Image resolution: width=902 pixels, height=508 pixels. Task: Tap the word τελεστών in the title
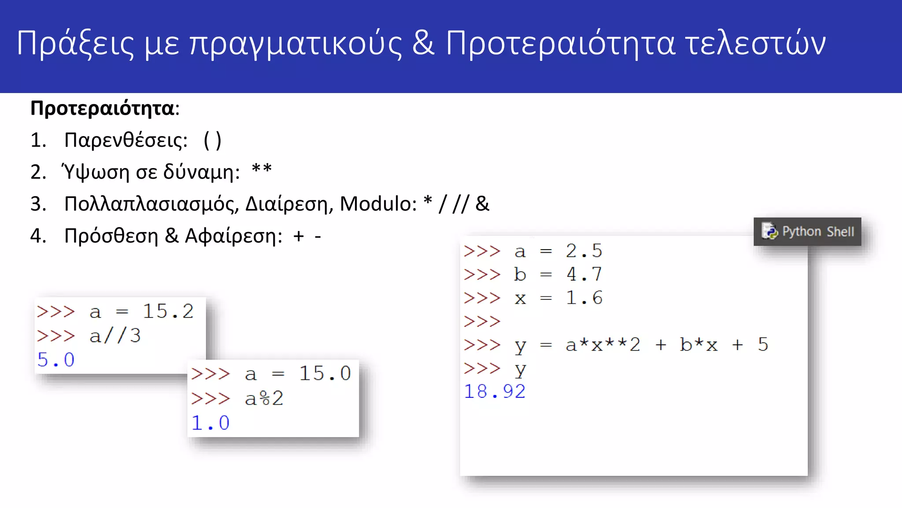coord(755,43)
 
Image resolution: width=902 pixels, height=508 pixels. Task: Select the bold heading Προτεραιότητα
coord(102,108)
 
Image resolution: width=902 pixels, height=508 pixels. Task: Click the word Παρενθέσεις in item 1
coord(126,141)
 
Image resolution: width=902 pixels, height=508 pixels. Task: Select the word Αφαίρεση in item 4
coord(233,236)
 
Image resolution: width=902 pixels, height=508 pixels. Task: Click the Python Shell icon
coord(769,231)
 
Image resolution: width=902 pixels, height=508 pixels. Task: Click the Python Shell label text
coord(818,232)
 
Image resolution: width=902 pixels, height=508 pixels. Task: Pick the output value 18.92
coord(495,392)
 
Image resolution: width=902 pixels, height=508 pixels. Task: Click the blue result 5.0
coord(56,360)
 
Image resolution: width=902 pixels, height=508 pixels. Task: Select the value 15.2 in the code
coord(168,311)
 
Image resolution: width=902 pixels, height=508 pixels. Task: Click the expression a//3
coord(115,336)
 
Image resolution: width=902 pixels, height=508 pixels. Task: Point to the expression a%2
coord(264,399)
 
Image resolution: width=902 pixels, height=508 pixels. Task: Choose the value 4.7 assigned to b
coord(584,274)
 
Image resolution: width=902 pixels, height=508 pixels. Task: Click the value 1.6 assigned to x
coord(584,298)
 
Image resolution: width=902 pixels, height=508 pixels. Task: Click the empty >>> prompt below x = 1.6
coord(482,321)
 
